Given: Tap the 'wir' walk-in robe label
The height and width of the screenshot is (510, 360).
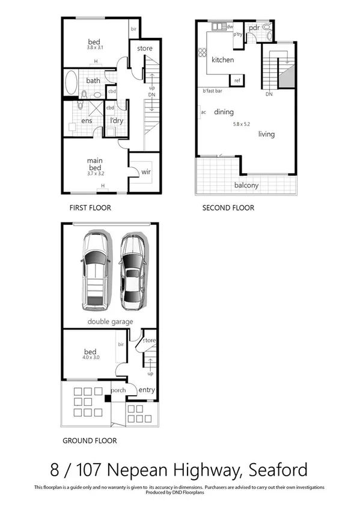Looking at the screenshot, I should pos(146,172).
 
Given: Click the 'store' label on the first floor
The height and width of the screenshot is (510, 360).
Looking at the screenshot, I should pos(145,48).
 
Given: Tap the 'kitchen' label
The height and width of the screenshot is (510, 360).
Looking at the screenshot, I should pos(222,60).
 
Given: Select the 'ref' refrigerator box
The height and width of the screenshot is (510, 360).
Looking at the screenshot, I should pos(237,81).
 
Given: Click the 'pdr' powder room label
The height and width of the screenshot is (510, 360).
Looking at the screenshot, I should pos(254,28).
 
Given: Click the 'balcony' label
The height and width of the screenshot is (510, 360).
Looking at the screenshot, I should pos(246,185).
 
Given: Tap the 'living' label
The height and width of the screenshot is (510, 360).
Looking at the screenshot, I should pos(266,134).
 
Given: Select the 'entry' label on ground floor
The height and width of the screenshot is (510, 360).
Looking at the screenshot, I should pos(146,390).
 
